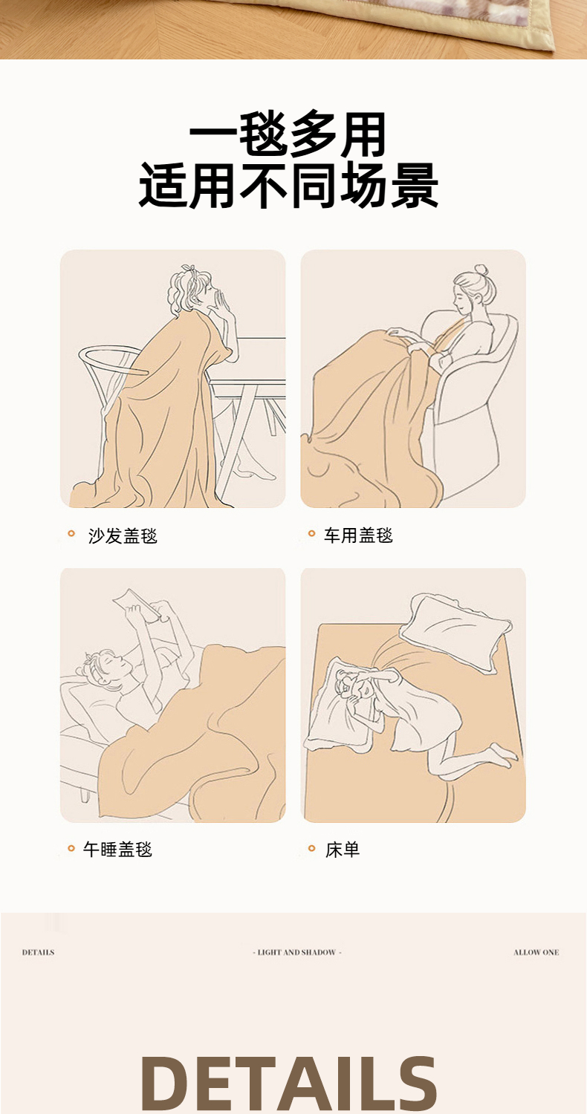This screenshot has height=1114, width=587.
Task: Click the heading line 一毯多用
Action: [288, 134]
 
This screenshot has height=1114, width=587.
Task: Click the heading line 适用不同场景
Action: [288, 186]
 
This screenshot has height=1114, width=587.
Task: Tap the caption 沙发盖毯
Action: [123, 536]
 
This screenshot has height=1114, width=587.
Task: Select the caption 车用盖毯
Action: [358, 535]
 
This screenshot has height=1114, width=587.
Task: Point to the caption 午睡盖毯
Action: [117, 849]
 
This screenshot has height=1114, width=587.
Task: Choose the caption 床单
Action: [343, 850]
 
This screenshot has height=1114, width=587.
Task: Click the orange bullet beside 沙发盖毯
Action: [71, 534]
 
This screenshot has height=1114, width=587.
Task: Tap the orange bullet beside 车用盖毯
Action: [312, 534]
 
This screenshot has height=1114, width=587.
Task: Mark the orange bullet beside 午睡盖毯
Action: [71, 848]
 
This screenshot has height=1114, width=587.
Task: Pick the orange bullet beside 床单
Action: [312, 848]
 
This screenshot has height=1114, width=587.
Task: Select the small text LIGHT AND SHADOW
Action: [297, 952]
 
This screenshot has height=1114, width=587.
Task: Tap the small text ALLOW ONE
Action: [536, 952]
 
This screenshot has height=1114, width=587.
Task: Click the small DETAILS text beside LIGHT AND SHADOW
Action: [39, 952]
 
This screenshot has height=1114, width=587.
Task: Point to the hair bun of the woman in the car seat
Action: [481, 271]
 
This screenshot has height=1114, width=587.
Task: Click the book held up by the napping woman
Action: [137, 606]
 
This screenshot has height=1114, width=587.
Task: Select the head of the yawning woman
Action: [192, 291]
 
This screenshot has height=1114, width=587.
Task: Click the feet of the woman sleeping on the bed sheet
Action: [504, 755]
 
